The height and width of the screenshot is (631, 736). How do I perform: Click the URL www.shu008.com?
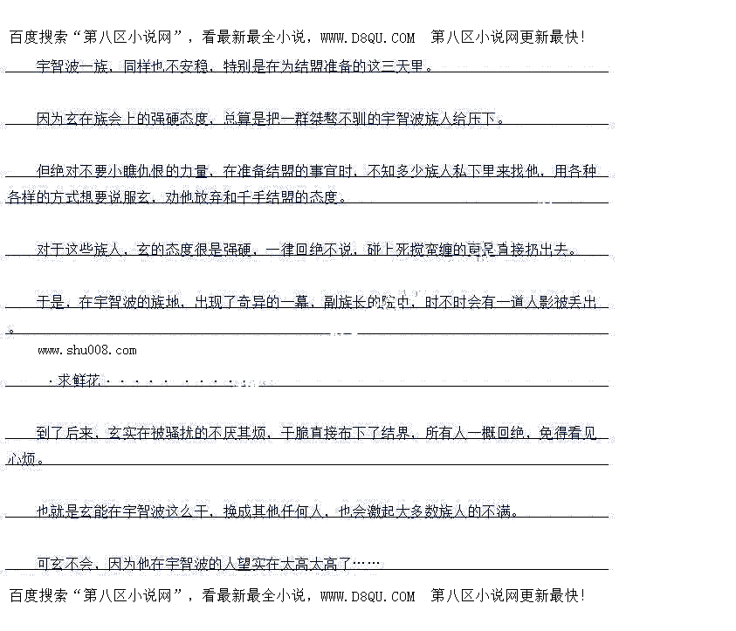(x=86, y=350)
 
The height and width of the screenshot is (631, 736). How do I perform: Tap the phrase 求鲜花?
(x=79, y=381)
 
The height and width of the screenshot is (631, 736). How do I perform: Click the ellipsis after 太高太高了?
(x=368, y=564)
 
